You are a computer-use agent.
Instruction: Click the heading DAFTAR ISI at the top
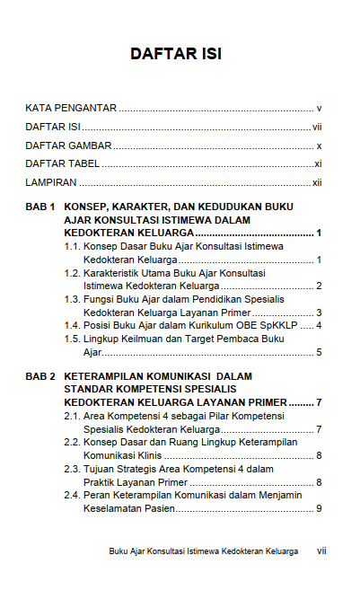(176, 54)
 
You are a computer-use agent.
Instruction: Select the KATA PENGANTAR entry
(71, 108)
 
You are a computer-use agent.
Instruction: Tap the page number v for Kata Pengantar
(320, 108)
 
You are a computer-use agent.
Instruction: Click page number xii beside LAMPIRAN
(317, 183)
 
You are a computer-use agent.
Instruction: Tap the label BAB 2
(40, 376)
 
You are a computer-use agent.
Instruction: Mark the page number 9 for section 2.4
(320, 509)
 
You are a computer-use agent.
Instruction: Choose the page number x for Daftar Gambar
(320, 145)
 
